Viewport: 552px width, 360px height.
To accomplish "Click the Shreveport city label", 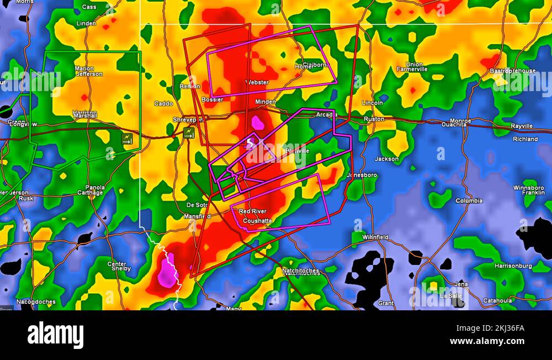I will point(188,119).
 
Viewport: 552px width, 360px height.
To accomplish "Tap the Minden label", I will point(266,102).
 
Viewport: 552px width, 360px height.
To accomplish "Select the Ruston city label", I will point(374,119).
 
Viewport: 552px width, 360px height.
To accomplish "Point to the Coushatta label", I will point(257,221).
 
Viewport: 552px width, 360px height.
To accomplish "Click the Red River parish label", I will point(252,211).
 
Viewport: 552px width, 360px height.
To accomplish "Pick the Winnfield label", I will point(375,237).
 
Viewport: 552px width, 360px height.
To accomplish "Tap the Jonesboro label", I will point(362,175).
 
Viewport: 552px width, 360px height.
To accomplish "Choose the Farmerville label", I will point(412,70).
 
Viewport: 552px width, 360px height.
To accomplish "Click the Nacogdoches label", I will point(36,302).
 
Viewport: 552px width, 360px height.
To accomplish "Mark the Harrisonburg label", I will point(513,266).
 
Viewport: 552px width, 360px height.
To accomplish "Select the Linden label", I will point(86,24).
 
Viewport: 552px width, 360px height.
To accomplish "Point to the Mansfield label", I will point(197,216).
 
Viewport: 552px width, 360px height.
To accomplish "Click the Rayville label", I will point(522,126).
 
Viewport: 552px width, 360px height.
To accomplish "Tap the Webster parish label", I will point(257,83).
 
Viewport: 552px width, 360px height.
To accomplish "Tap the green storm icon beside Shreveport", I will point(189,133).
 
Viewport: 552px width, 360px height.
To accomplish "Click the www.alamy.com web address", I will point(487,341).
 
